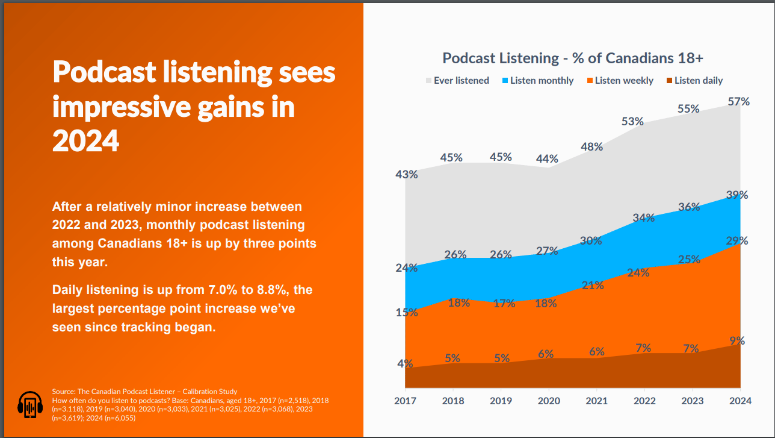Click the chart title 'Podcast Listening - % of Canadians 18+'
tap(573, 58)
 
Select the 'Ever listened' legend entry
tap(461, 80)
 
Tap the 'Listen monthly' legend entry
tap(542, 80)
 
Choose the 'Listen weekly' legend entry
tap(624, 80)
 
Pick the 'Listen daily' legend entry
tap(698, 80)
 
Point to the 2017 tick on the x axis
tap(406, 401)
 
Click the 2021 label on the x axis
tap(597, 401)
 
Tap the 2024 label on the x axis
tap(740, 401)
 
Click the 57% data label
tap(738, 102)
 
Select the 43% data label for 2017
tap(406, 175)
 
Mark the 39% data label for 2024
tap(736, 195)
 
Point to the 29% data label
tap(736, 241)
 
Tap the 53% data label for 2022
tap(632, 122)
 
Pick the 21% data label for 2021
tap(593, 286)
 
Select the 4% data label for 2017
tap(405, 363)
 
